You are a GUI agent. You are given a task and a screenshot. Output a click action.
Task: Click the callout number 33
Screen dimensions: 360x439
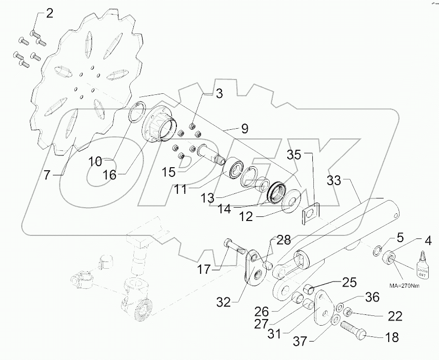(334, 181)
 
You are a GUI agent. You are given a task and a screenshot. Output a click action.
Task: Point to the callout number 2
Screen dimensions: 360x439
(49, 14)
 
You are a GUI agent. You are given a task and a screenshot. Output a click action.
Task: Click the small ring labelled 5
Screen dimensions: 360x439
(376, 251)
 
